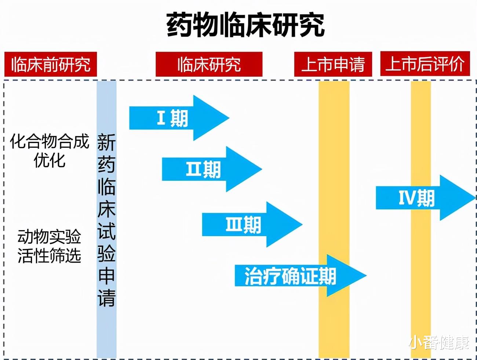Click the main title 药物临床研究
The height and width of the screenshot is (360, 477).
pos(245,25)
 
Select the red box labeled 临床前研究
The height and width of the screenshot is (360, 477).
pos(51,65)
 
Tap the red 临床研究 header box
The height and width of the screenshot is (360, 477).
pos(209,65)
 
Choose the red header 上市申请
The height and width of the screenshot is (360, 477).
pos(333,65)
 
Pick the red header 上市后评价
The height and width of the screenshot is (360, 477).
pos(425,64)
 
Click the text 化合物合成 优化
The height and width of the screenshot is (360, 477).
pos(50,151)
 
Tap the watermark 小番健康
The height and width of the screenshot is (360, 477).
pos(440,343)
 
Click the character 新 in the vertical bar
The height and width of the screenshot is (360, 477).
pos(106,143)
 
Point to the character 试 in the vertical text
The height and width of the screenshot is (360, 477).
pos(106,231)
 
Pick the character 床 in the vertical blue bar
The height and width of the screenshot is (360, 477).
pos(106,209)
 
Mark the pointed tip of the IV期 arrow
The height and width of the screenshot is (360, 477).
pos(475,198)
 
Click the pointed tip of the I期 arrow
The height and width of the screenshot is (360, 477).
pos(229,118)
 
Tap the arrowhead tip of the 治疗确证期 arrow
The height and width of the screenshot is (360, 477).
pos(366,276)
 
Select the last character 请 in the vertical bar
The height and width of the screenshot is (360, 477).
pos(106,298)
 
